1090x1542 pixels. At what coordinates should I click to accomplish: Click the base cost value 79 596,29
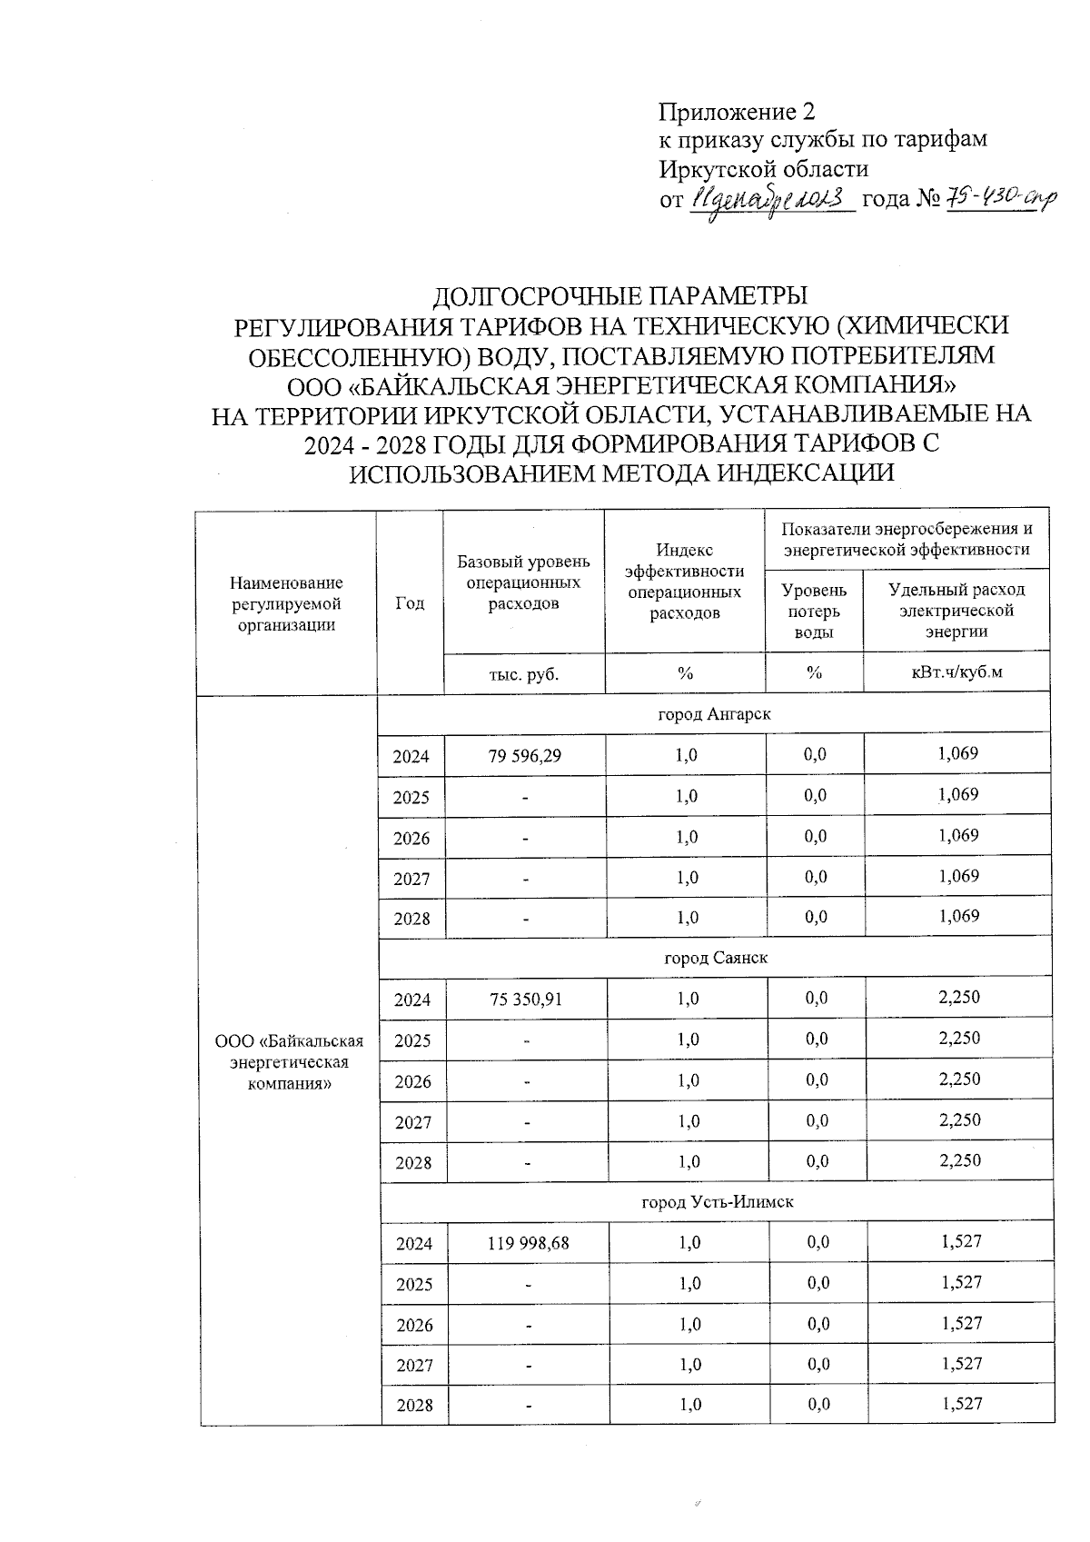[x=524, y=754]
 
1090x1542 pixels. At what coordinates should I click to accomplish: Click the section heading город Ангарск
[x=714, y=714]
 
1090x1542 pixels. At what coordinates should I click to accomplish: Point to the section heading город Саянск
[x=716, y=958]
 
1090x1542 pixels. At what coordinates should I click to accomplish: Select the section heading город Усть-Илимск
[x=718, y=1201]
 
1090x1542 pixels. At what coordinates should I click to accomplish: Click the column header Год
[x=411, y=603]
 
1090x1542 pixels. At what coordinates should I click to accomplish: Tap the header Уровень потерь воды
[x=814, y=611]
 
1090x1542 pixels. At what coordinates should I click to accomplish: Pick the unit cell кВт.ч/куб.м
[x=956, y=673]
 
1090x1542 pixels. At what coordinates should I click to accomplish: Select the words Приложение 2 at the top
[x=737, y=112]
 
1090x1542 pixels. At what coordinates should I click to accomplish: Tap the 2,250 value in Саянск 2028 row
[x=959, y=1160]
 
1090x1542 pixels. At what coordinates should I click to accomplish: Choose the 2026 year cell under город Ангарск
[x=411, y=838]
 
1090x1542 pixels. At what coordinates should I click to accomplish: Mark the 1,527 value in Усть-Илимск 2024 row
[x=962, y=1240]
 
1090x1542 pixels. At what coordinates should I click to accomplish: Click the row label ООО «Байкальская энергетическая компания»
[x=289, y=1062]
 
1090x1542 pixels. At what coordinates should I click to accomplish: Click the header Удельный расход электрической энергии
[x=956, y=611]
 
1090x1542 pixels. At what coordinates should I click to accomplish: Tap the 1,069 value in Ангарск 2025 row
[x=957, y=794]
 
